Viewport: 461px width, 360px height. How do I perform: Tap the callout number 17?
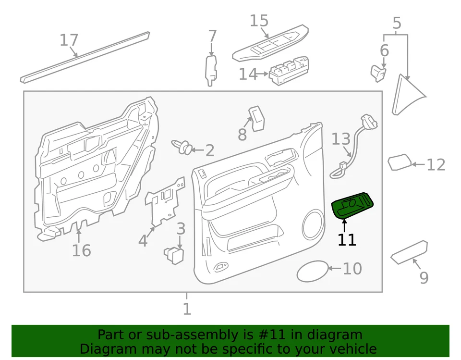[x=69, y=40]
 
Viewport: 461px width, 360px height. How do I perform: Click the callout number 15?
[x=259, y=21]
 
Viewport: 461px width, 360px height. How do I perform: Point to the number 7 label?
[x=212, y=36]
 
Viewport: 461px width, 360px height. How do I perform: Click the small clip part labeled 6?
[x=378, y=72]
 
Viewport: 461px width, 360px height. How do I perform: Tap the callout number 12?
[x=436, y=165]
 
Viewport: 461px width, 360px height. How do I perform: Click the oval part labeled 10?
[x=313, y=272]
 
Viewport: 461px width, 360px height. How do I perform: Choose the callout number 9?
[x=424, y=277]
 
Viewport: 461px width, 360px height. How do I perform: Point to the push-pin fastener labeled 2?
[x=182, y=147]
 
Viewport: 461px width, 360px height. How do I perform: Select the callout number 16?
[x=81, y=250]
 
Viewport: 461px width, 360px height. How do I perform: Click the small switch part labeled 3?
[x=174, y=253]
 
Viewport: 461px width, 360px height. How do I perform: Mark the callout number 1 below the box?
[x=187, y=309]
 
